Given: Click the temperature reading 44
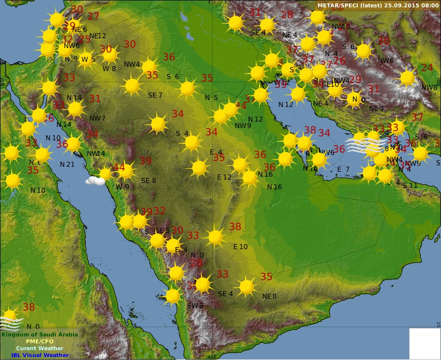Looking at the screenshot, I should pyautogui.click(x=119, y=167).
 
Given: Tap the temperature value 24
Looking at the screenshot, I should pyautogui.click(x=427, y=68).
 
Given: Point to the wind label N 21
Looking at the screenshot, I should pyautogui.click(x=67, y=164).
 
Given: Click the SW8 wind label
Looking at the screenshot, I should pyautogui.click(x=195, y=306).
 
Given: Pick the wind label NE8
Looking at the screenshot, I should pyautogui.click(x=269, y=296).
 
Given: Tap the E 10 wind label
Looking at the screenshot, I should pyautogui.click(x=240, y=247).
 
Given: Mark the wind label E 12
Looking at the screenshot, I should pyautogui.click(x=224, y=177).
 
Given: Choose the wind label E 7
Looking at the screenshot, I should pyautogui.click(x=343, y=169).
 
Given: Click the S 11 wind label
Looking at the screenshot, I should pyautogui.click(x=410, y=185).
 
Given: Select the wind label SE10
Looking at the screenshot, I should pyautogui.click(x=331, y=84).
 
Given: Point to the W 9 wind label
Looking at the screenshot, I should pyautogui.click(x=122, y=186).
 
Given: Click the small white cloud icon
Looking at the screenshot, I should pyautogui.click(x=95, y=180).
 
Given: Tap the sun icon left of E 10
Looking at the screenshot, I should pyautogui.click(x=216, y=237).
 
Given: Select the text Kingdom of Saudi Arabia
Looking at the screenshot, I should pyautogui.click(x=39, y=334).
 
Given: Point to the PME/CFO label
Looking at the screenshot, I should pyautogui.click(x=40, y=341).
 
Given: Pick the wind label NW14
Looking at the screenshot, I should pyautogui.click(x=96, y=154).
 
